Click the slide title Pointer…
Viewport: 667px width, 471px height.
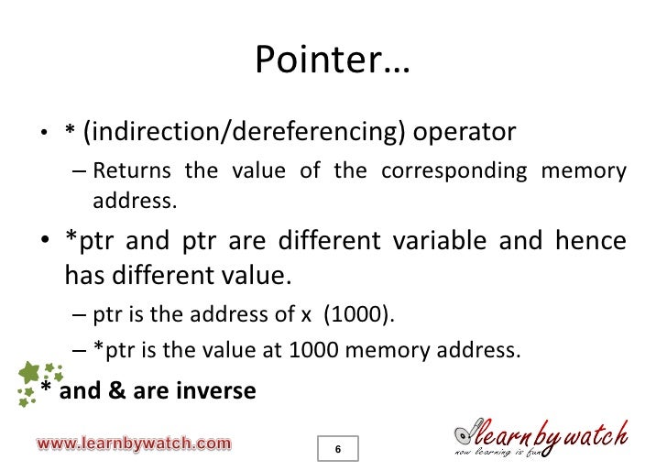pos(333,61)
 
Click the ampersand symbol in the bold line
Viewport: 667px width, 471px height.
pos(130,391)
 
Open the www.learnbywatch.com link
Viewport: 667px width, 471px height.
pos(134,444)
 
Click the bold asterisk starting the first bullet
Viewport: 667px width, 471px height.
pos(69,134)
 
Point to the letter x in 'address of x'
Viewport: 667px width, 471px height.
pos(306,316)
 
